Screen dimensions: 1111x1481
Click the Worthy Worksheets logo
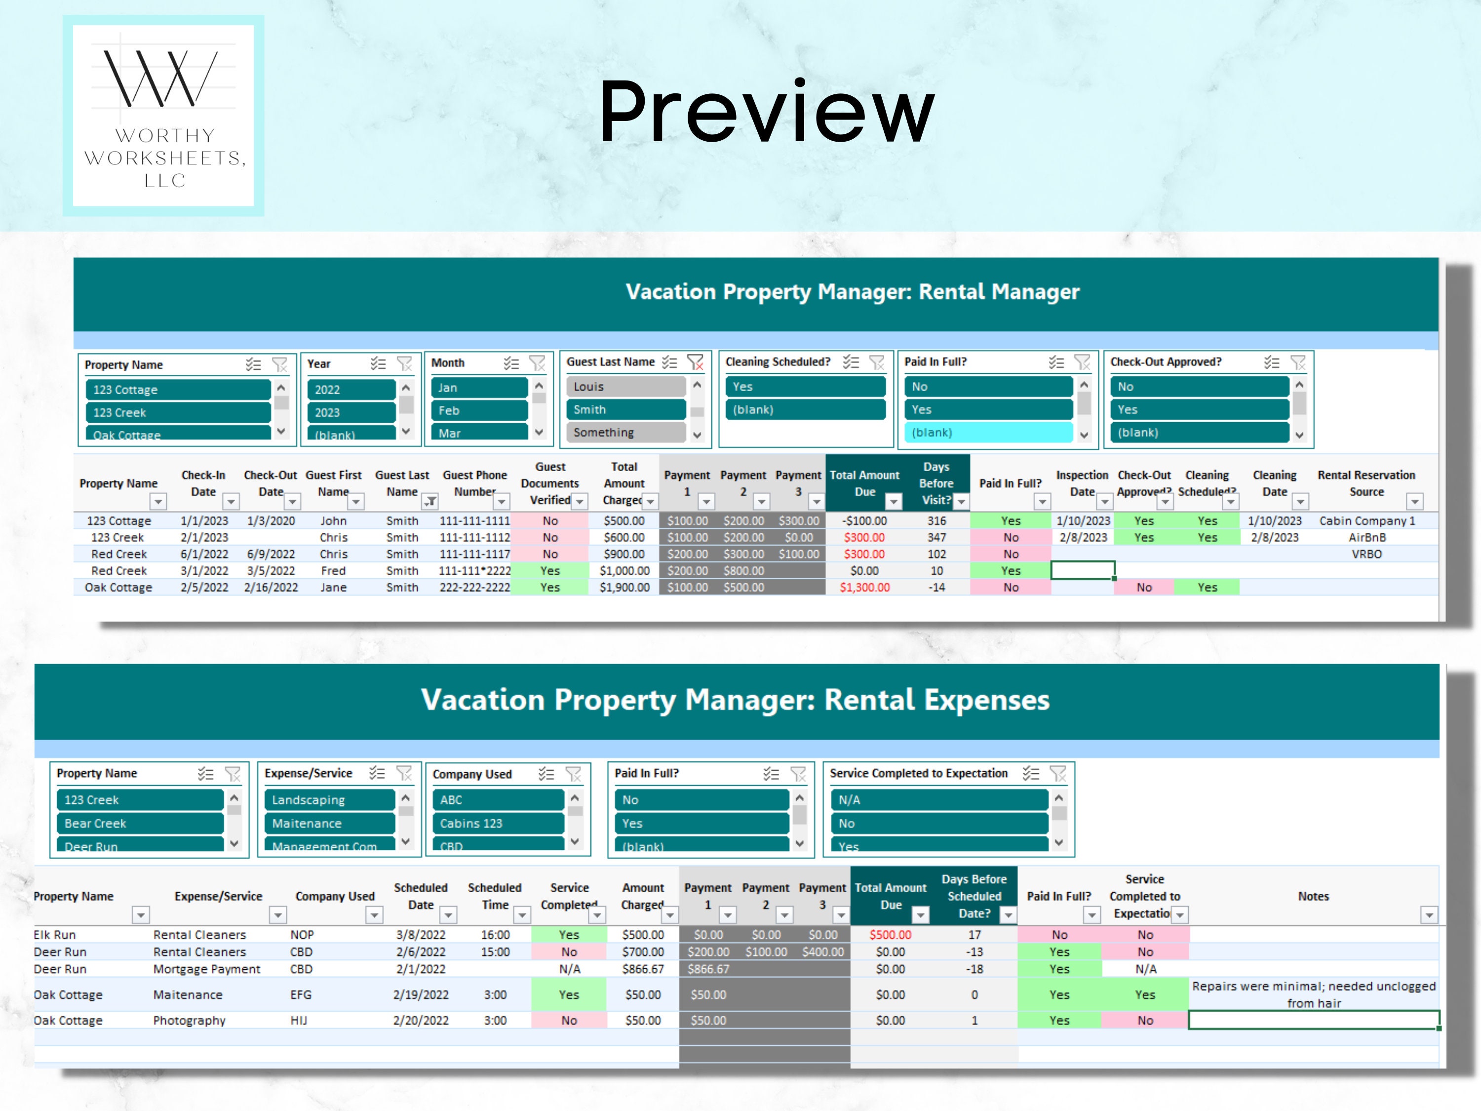point(163,115)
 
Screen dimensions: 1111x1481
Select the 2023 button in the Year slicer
point(351,412)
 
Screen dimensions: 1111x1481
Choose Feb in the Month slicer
point(479,410)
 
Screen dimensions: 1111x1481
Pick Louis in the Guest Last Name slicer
point(625,387)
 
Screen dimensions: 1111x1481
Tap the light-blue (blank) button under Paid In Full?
point(987,433)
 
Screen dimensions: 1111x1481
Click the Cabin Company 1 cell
point(1366,521)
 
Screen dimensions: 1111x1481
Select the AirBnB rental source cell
point(1366,538)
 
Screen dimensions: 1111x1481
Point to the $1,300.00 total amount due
point(864,587)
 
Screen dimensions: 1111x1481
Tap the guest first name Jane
point(333,587)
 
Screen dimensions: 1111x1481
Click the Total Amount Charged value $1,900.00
point(624,587)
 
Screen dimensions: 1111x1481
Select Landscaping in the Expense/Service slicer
point(329,799)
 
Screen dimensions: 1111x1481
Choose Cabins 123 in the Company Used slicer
point(498,823)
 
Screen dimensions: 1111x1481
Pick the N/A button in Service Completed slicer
point(938,799)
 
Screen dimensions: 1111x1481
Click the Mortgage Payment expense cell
point(206,969)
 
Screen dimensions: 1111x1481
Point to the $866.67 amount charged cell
point(643,969)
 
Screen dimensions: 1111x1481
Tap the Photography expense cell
point(190,1021)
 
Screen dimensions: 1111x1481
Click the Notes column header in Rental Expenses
point(1313,896)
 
